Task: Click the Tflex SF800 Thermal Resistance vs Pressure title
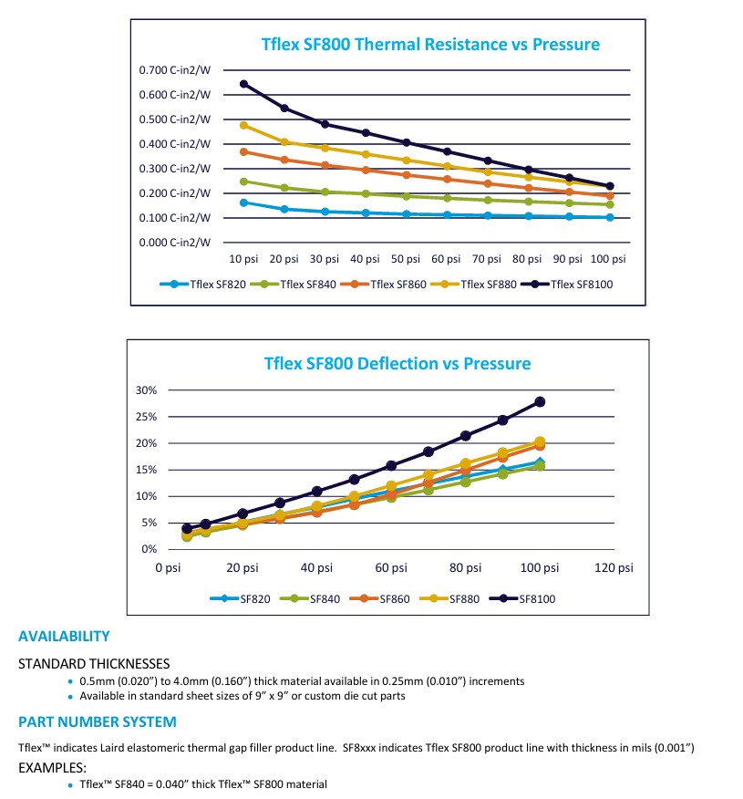pyautogui.click(x=430, y=44)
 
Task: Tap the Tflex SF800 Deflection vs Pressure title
pyautogui.click(x=397, y=364)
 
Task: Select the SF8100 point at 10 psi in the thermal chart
pyautogui.click(x=243, y=84)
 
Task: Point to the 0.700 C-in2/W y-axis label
pyautogui.click(x=175, y=71)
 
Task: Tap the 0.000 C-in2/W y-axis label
pyautogui.click(x=175, y=243)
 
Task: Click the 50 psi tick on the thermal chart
pyautogui.click(x=407, y=259)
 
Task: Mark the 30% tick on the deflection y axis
pyautogui.click(x=147, y=390)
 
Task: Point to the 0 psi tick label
pyautogui.click(x=168, y=568)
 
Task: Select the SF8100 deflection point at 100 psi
pyautogui.click(x=540, y=401)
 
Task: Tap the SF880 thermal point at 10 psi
pyautogui.click(x=243, y=125)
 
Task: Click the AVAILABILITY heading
pyautogui.click(x=64, y=637)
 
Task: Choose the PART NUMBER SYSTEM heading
pyautogui.click(x=98, y=722)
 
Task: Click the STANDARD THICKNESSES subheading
pyautogui.click(x=94, y=664)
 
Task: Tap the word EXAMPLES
pyautogui.click(x=52, y=768)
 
